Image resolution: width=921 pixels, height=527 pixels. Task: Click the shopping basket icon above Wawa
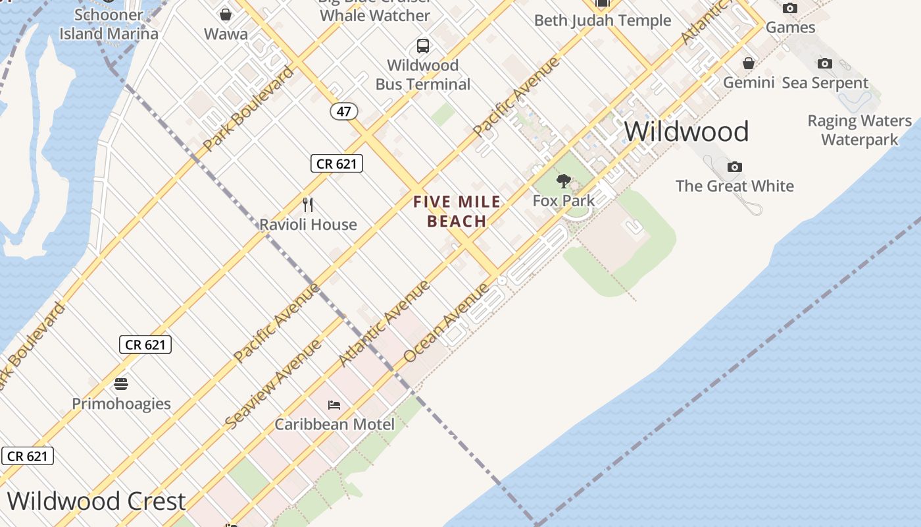pyautogui.click(x=226, y=14)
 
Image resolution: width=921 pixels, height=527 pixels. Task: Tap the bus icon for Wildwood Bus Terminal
pyautogui.click(x=423, y=46)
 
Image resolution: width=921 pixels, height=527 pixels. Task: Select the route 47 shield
pyautogui.click(x=343, y=111)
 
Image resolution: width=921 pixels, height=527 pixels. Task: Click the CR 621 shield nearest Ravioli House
pyautogui.click(x=337, y=163)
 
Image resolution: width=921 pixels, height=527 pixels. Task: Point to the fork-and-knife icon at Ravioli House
pyautogui.click(x=307, y=205)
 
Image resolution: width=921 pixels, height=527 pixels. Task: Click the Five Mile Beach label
pyautogui.click(x=457, y=211)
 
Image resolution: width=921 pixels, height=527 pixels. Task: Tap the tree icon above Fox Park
pyautogui.click(x=563, y=181)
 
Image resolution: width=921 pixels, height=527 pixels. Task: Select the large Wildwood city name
pyautogui.click(x=686, y=131)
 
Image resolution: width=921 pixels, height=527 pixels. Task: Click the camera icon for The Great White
pyautogui.click(x=735, y=167)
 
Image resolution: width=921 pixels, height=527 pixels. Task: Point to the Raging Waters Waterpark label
pyautogui.click(x=860, y=130)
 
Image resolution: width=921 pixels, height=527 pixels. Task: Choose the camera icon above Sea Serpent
pyautogui.click(x=824, y=63)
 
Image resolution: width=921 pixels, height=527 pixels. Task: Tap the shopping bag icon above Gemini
pyautogui.click(x=749, y=63)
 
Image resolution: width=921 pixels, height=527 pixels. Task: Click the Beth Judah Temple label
pyautogui.click(x=603, y=20)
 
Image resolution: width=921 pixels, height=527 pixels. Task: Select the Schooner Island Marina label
pyautogui.click(x=109, y=24)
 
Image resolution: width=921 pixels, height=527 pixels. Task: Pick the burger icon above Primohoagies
pyautogui.click(x=121, y=383)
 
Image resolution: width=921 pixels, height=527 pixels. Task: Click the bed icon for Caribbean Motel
pyautogui.click(x=334, y=404)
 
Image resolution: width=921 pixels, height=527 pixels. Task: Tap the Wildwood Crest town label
pyautogui.click(x=97, y=501)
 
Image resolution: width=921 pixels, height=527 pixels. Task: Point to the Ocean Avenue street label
pyautogui.click(x=447, y=323)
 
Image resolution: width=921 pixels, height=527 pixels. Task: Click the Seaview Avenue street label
pyautogui.click(x=273, y=384)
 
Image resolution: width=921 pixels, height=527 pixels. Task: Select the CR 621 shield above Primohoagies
pyautogui.click(x=145, y=344)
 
